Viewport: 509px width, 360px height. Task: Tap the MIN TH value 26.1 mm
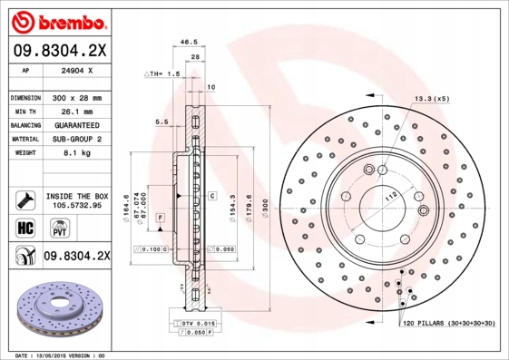74,111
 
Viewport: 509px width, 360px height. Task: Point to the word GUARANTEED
74,124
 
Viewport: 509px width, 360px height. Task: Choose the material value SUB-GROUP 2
74,139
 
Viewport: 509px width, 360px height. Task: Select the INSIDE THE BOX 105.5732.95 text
76,200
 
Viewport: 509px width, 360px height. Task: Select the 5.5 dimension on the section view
162,121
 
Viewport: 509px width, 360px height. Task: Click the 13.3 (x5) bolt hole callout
432,97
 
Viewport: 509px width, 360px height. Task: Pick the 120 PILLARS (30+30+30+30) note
448,323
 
